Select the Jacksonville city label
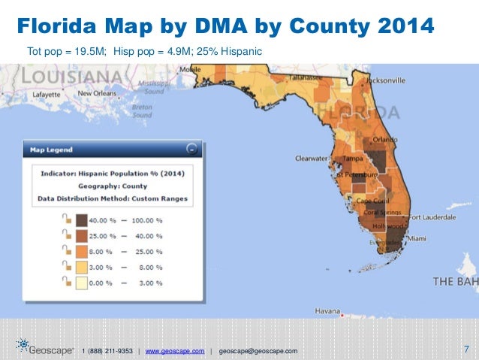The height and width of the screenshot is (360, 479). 386,80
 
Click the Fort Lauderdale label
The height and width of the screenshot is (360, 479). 433,217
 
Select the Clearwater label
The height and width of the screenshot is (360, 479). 312,159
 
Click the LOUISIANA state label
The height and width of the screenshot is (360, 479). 72,76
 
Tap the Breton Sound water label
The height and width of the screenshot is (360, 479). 142,110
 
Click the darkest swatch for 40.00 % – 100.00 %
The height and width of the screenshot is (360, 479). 80,219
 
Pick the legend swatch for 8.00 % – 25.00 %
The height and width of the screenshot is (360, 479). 80,250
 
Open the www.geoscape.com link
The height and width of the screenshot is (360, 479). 174,351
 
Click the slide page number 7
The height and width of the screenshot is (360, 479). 466,349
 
